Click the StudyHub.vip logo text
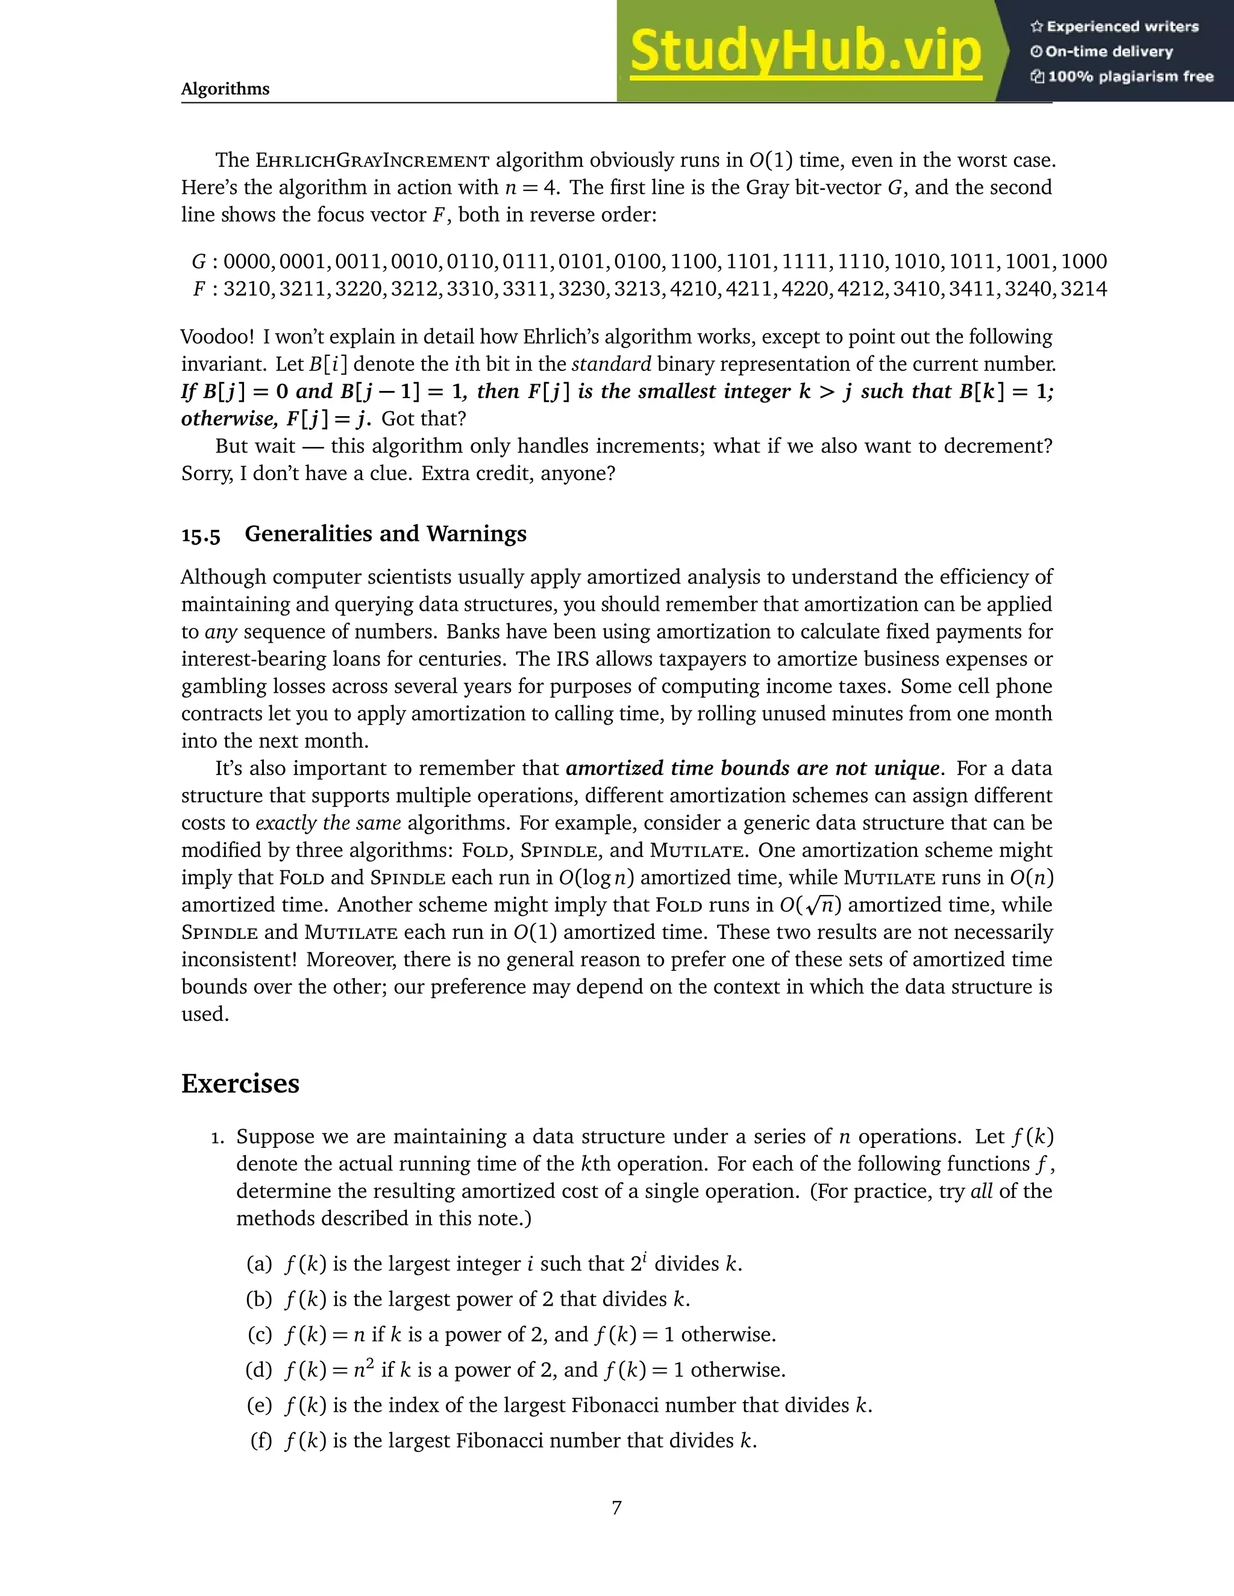click(805, 51)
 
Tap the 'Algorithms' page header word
click(225, 89)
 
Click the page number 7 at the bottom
click(616, 1507)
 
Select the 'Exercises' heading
click(240, 1083)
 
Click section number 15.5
click(200, 535)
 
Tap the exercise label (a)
click(258, 1264)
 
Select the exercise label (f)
click(260, 1441)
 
